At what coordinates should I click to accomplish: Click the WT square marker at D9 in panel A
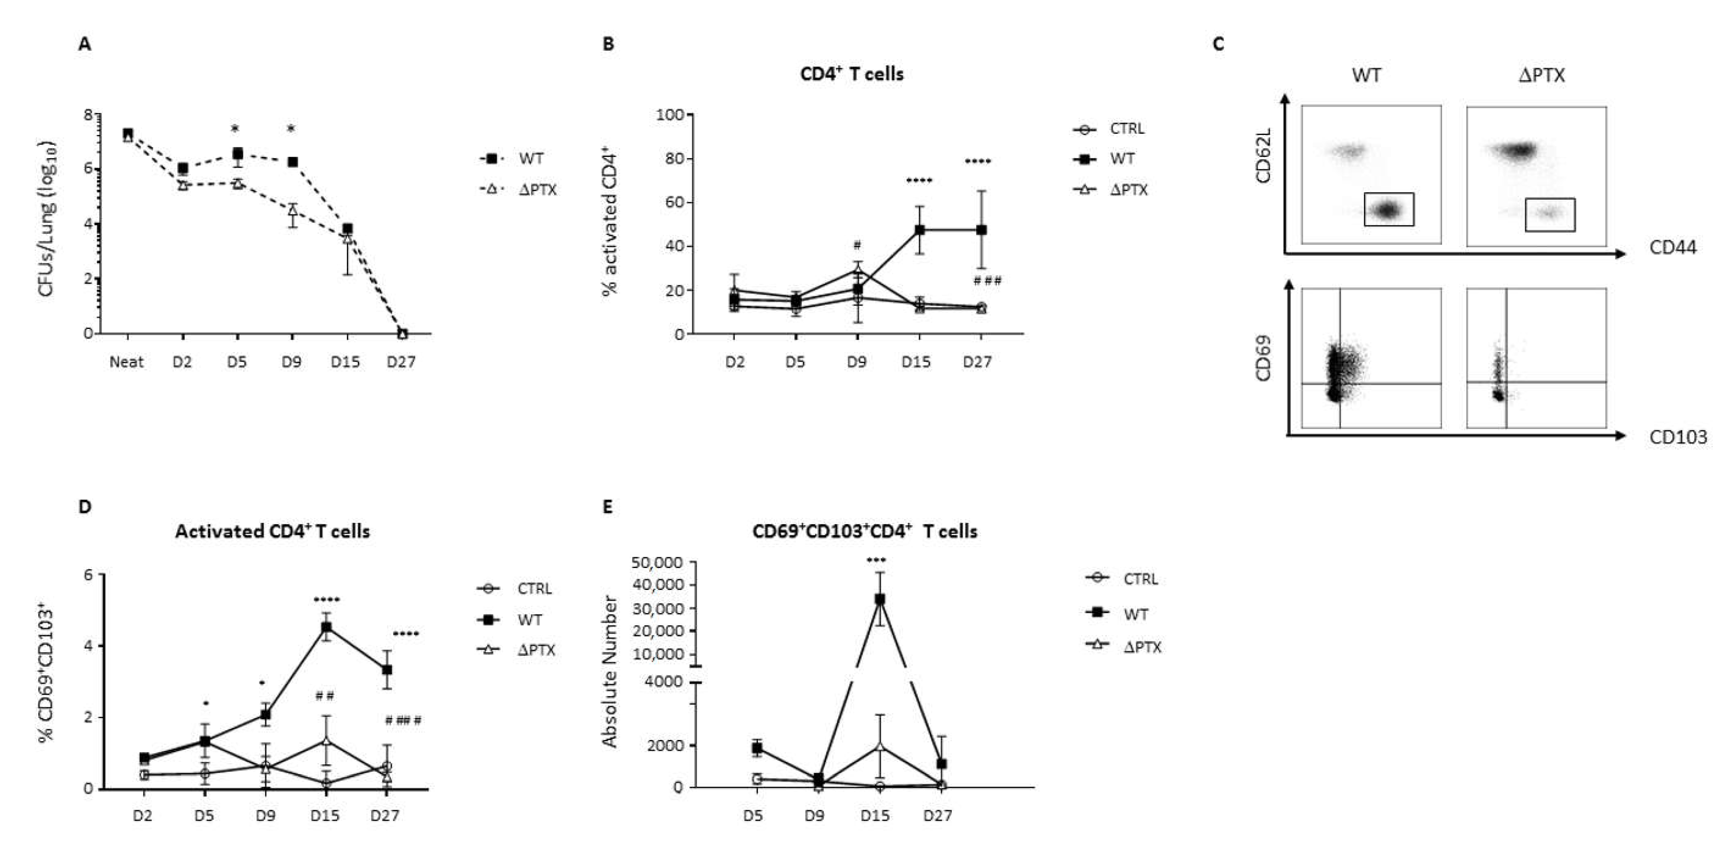tap(292, 162)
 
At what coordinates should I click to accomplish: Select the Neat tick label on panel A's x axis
tap(127, 362)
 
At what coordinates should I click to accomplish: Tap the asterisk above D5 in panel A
tap(235, 129)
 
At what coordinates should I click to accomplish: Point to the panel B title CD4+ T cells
tap(851, 73)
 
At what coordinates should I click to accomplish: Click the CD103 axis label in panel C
tap(1678, 437)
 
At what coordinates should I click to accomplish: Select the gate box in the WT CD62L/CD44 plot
tap(1389, 210)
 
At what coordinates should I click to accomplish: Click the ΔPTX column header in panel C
tap(1541, 75)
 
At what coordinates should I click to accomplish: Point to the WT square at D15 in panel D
tap(326, 627)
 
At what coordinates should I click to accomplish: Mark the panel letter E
tap(608, 507)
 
